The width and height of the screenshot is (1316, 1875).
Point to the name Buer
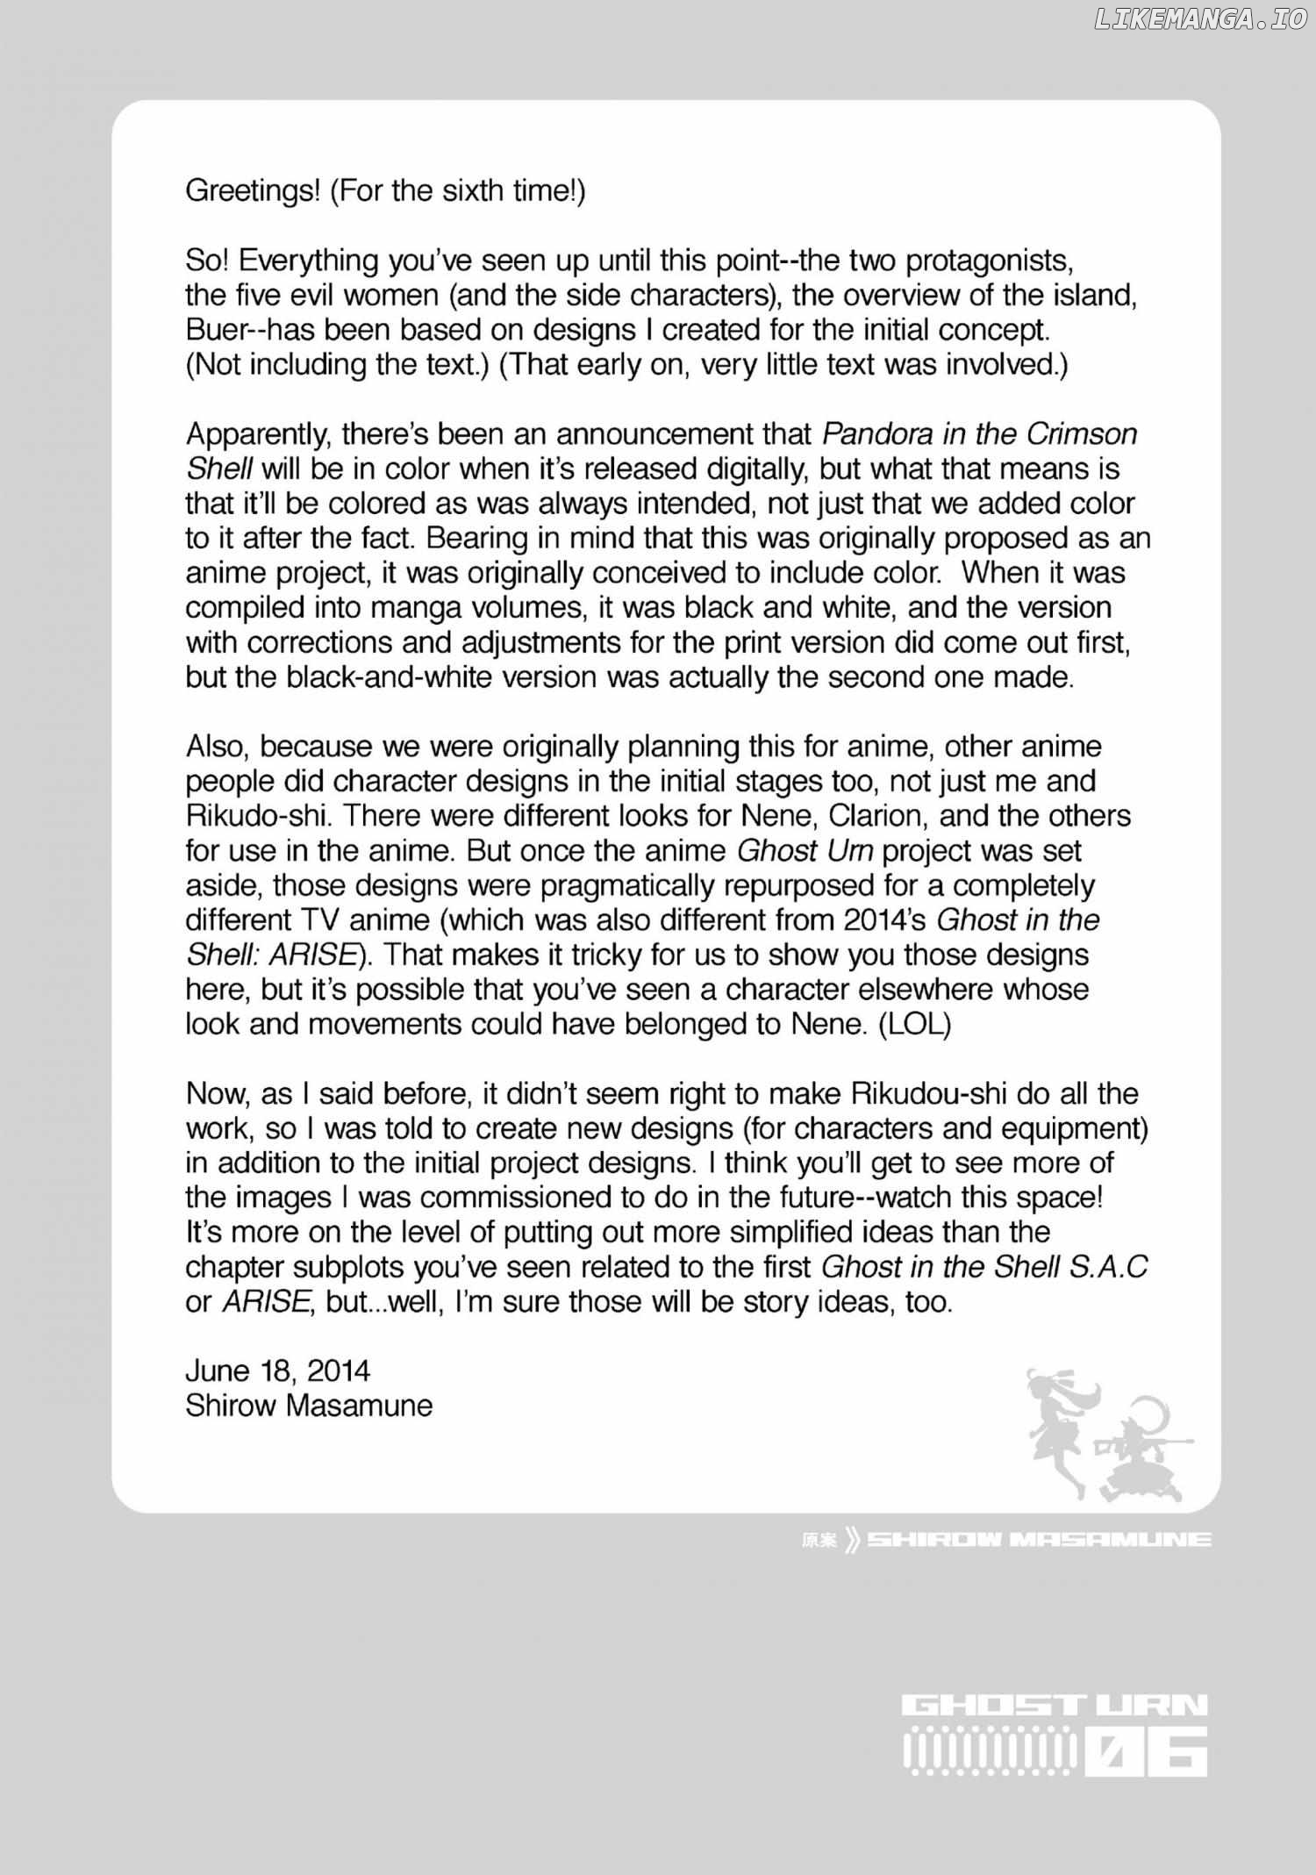coord(214,331)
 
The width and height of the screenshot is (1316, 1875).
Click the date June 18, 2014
coord(278,1370)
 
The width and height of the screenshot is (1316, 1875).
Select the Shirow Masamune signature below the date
coord(309,1406)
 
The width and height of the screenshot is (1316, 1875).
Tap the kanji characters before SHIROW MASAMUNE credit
coord(819,1540)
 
